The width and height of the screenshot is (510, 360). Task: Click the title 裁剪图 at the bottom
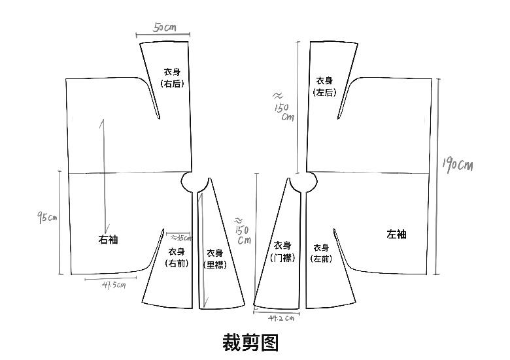click(250, 342)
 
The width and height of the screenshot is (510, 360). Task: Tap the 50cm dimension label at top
click(164, 27)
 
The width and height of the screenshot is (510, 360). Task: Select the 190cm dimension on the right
click(457, 165)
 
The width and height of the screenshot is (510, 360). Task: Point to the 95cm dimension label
click(46, 217)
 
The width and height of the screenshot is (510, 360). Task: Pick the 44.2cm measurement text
click(280, 318)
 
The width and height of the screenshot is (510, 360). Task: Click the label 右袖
click(108, 240)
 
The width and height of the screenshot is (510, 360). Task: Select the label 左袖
click(396, 234)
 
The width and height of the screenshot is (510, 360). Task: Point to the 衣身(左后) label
click(324, 86)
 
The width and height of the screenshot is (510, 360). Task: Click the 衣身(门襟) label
click(282, 252)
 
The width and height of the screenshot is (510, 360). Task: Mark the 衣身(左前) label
click(321, 253)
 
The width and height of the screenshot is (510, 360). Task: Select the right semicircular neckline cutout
click(300, 182)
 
